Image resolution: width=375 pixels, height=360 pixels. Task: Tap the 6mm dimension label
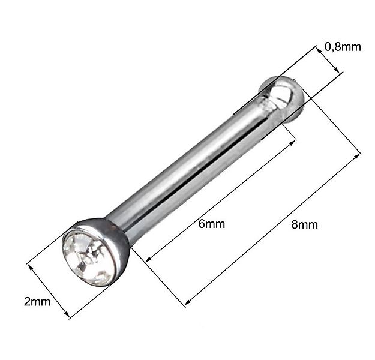click(x=211, y=224)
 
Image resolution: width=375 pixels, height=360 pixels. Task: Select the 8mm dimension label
click(x=304, y=225)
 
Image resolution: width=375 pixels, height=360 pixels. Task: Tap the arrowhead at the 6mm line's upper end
click(x=295, y=142)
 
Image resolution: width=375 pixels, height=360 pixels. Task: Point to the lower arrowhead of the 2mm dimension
click(x=69, y=316)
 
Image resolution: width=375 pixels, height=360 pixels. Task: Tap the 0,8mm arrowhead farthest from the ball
click(x=340, y=73)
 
